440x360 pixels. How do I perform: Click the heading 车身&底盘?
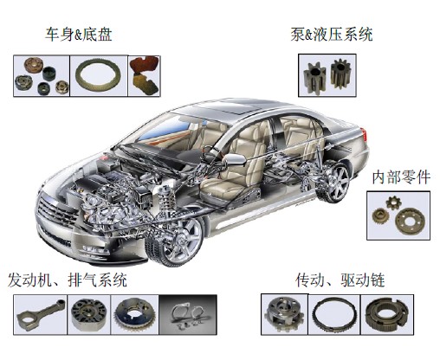click(x=79, y=35)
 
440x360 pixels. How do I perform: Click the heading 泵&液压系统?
click(x=332, y=35)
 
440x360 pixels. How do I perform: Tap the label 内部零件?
click(x=401, y=177)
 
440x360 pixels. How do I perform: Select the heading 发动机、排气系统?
click(x=68, y=280)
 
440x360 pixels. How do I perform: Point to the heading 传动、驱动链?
click(x=340, y=280)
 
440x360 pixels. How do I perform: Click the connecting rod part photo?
click(x=40, y=315)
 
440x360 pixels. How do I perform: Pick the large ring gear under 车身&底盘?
click(x=99, y=75)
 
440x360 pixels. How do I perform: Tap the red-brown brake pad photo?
click(x=144, y=75)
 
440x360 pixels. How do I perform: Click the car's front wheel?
click(x=175, y=241)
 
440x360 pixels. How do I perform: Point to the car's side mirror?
click(x=235, y=160)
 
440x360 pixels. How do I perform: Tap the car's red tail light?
click(x=365, y=134)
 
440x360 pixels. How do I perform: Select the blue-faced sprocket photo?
click(x=135, y=315)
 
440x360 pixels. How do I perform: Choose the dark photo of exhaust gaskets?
click(x=188, y=315)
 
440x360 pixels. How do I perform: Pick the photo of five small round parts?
click(x=42, y=76)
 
